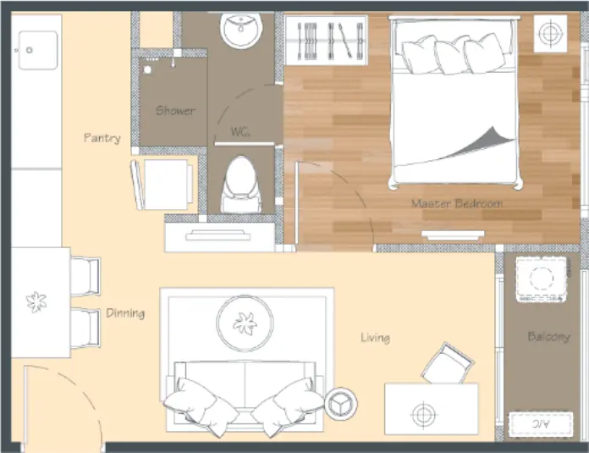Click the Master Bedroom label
coord(457,203)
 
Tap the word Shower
coord(175,111)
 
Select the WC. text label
coord(240,131)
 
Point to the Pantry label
coord(102,138)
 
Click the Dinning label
coord(125,313)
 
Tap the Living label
coord(375,338)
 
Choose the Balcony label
coord(549,336)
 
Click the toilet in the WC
coord(241,185)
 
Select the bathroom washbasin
coord(241,30)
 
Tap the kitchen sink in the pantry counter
coord(38,50)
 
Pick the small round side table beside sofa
coord(341,404)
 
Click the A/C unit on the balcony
coord(541,424)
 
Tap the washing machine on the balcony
coord(542,279)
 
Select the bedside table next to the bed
coord(550,34)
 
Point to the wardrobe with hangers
coord(326,41)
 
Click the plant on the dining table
coord(36,302)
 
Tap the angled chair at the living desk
coord(448,363)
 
